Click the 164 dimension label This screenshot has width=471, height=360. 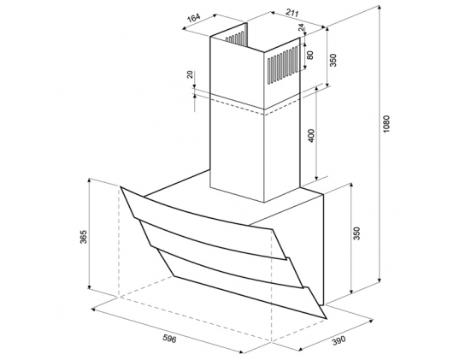click(x=194, y=18)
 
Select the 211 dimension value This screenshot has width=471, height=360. click(x=291, y=13)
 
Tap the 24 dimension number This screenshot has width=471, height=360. click(x=301, y=27)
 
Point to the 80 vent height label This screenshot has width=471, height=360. click(x=310, y=55)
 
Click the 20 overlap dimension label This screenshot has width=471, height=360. click(x=190, y=74)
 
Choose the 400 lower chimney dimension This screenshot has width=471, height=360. click(x=311, y=135)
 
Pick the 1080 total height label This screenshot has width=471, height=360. click(x=386, y=124)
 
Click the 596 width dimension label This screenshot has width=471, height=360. click(x=169, y=339)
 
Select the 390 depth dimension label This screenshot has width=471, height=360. click(x=339, y=339)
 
